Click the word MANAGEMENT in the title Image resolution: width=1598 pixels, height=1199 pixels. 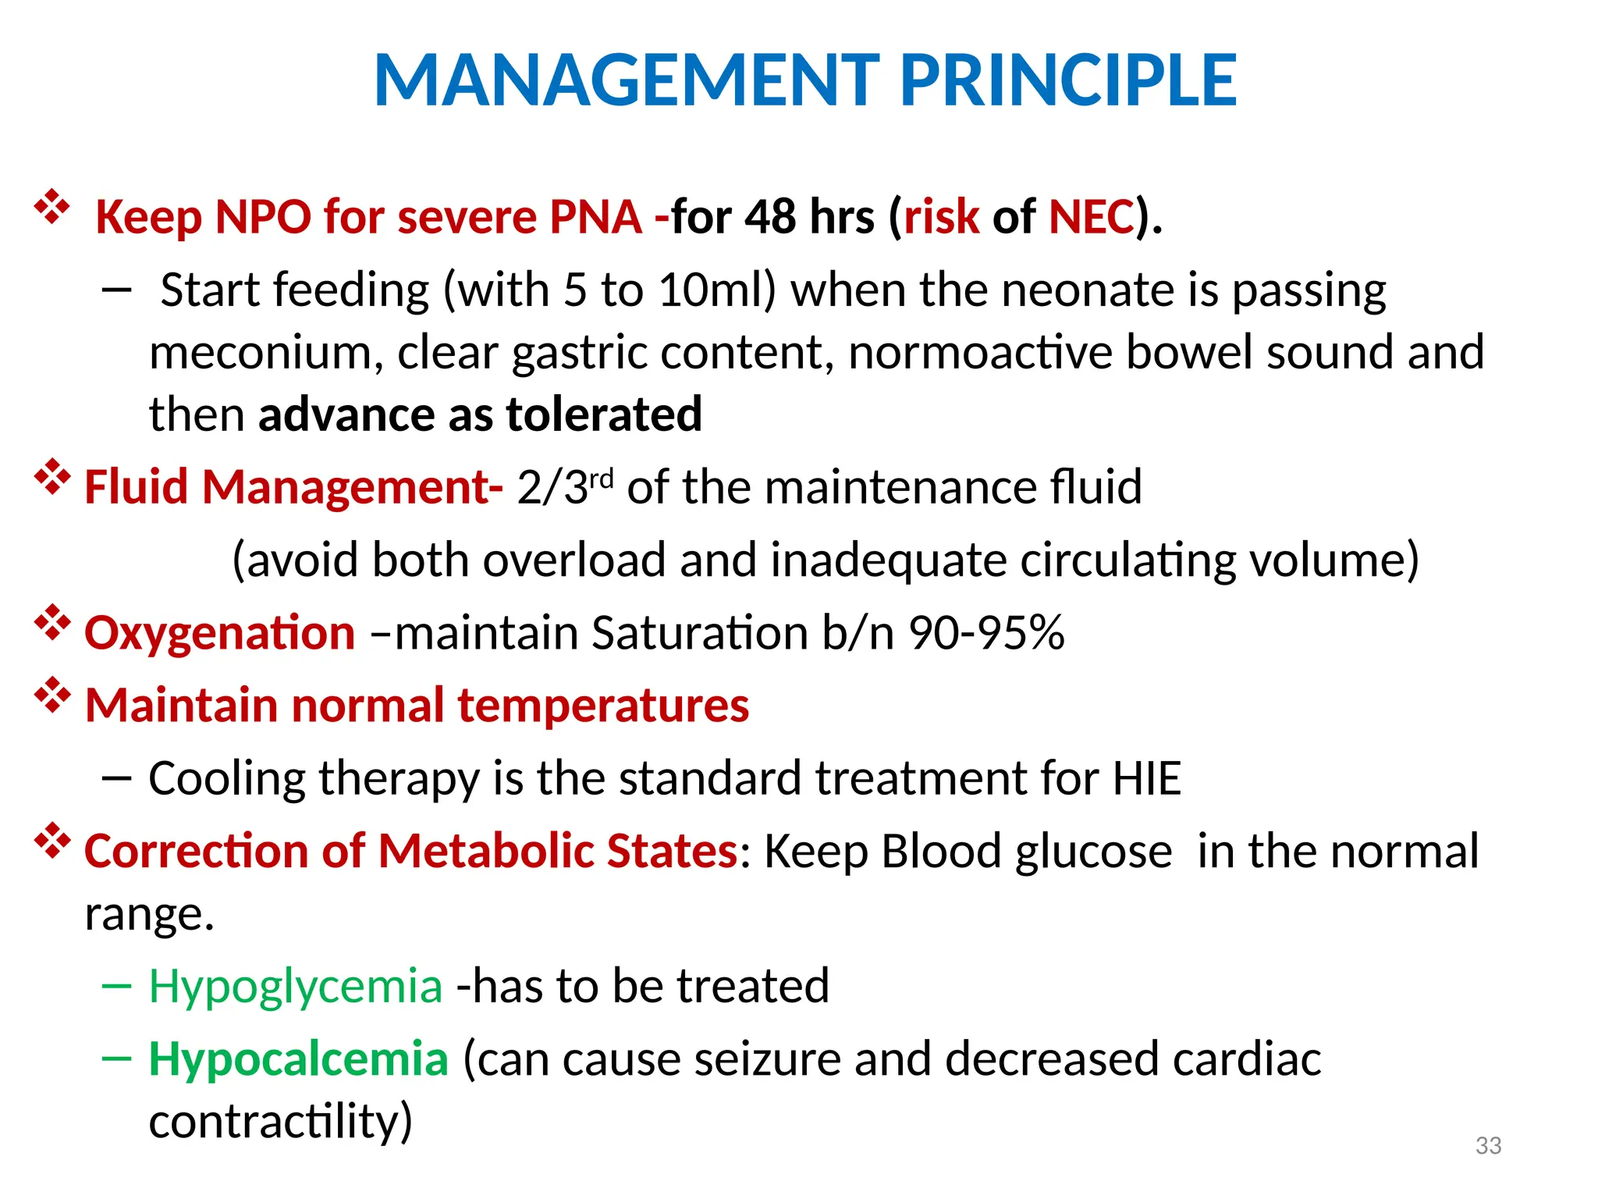click(627, 80)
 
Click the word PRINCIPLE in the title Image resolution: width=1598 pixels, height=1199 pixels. click(1068, 80)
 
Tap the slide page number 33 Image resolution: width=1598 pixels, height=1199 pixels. click(1488, 1145)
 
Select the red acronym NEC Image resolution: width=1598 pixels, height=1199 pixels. click(1092, 217)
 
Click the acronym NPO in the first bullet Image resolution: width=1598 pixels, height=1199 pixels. click(263, 217)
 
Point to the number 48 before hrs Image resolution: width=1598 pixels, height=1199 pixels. click(770, 217)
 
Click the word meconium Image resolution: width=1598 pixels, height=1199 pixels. click(261, 353)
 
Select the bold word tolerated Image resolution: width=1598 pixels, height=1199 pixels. click(604, 414)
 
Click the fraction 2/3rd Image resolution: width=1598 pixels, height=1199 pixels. click(565, 487)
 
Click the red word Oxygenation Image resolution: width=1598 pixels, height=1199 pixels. click(219, 632)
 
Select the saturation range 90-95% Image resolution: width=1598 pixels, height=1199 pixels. click(986, 632)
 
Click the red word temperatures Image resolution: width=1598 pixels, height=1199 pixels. click(603, 705)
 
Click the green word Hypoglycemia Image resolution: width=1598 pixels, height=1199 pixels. click(296, 987)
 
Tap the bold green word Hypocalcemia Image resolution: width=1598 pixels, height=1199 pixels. click(298, 1059)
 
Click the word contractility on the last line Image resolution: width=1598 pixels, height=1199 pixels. click(280, 1122)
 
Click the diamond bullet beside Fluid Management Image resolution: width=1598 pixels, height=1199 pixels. click(52, 477)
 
